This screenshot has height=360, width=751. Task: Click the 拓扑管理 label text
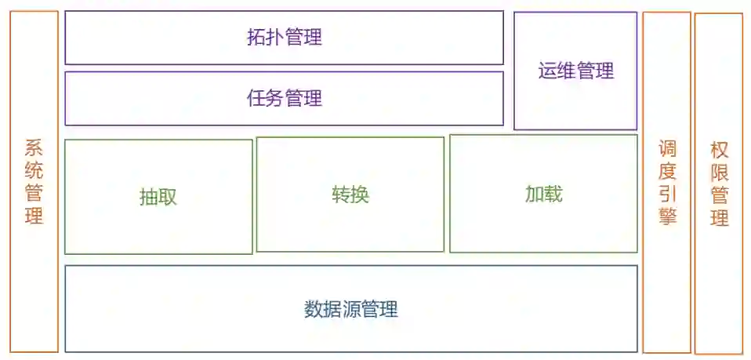(284, 37)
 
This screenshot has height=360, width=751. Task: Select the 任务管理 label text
(284, 98)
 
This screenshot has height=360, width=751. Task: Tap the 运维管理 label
(575, 71)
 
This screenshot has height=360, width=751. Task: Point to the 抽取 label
(158, 197)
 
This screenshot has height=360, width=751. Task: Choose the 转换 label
(350, 195)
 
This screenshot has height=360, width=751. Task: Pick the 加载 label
(543, 194)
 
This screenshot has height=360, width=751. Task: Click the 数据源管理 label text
(350, 309)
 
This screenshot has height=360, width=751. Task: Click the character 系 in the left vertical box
(34, 147)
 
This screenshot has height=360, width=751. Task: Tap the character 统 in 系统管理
(34, 170)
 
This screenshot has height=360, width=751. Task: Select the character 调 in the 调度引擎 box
(667, 148)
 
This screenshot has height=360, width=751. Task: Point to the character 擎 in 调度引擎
(667, 216)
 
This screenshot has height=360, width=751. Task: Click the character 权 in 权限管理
(719, 149)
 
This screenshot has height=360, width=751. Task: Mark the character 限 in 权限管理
(719, 172)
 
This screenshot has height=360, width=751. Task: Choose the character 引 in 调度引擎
(667, 194)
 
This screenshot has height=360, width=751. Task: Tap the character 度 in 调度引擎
(667, 171)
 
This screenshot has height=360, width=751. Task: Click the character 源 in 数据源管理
(350, 309)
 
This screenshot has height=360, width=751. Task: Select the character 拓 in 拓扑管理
(256, 37)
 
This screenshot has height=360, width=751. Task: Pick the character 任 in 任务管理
(256, 98)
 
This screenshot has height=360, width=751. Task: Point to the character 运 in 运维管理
(547, 71)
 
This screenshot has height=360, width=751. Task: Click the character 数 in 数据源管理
(313, 309)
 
